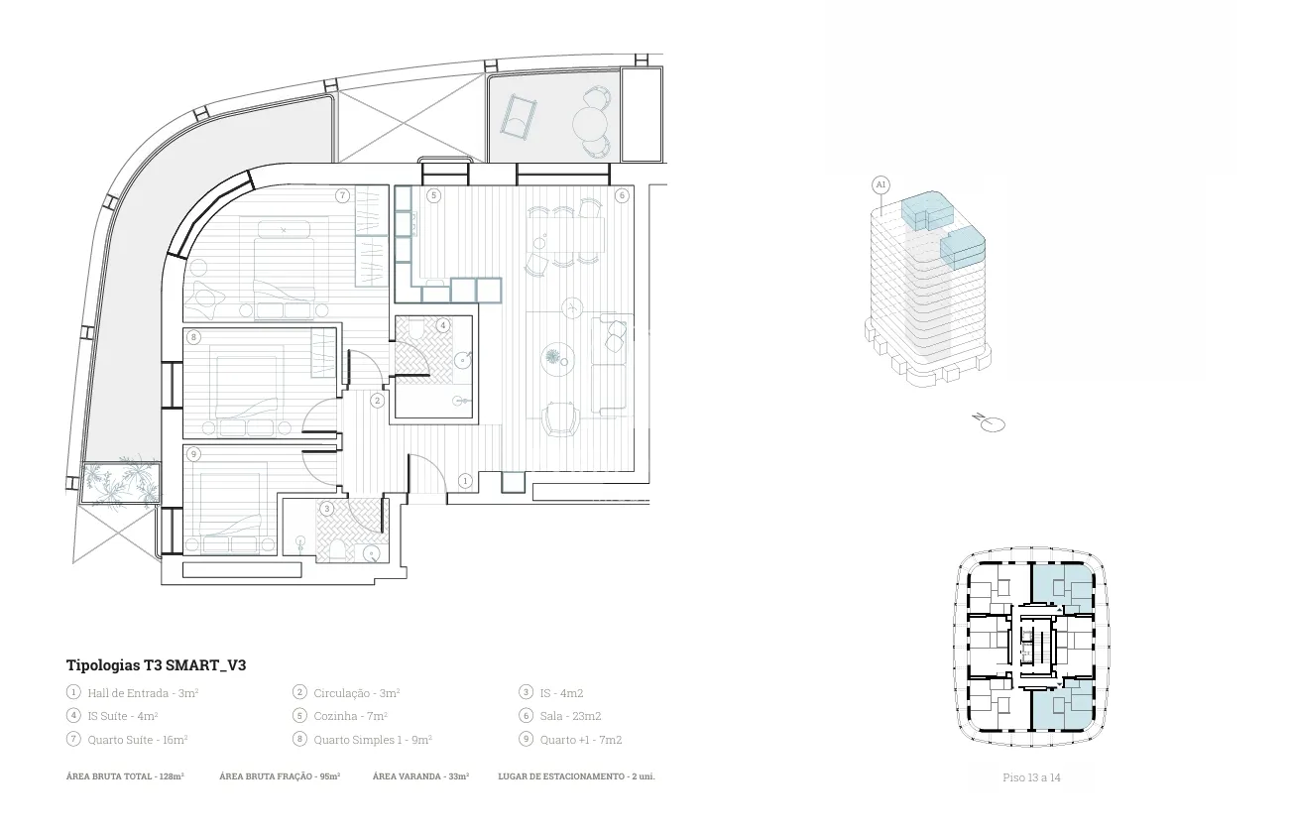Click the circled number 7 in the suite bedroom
pos(342,195)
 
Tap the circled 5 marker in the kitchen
pos(434,195)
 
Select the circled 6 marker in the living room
pos(622,195)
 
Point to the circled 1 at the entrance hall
pos(465,480)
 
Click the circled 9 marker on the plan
pos(193,454)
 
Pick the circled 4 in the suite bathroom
pos(442,325)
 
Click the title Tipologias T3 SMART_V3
pos(157,665)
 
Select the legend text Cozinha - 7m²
pos(350,716)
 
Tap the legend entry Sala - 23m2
pos(570,716)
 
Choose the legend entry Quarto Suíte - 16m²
pos(138,740)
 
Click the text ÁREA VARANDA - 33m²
pos(420,776)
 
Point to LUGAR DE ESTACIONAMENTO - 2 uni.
pos(576,776)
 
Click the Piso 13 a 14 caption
pos(1031,777)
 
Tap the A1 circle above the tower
pos(880,184)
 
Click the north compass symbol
pos(989,422)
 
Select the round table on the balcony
pos(590,122)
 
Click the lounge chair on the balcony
pos(519,117)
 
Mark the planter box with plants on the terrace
pos(120,482)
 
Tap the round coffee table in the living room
pos(557,359)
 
